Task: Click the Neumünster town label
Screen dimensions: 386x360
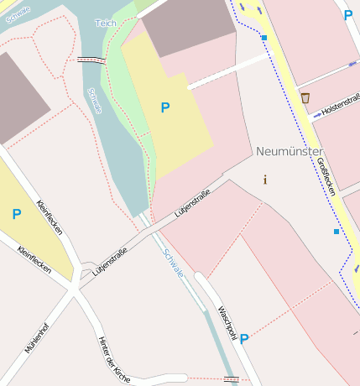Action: [289, 151]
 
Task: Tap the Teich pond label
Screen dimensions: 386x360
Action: [106, 23]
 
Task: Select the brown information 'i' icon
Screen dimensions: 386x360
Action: [265, 180]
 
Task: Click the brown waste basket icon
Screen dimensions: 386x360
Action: [305, 98]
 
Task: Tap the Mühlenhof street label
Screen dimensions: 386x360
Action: [36, 338]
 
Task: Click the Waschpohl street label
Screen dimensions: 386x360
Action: [227, 322]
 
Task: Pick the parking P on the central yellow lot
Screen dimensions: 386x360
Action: [165, 107]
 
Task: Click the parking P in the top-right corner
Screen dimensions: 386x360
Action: [348, 15]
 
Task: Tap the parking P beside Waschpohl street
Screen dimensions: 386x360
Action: [244, 339]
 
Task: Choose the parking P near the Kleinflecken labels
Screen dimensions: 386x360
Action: [16, 215]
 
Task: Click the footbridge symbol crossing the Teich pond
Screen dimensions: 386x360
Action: [90, 60]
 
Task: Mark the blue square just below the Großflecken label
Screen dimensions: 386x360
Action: [337, 232]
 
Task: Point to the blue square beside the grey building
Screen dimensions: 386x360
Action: [263, 38]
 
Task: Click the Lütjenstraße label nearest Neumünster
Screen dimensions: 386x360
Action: [192, 204]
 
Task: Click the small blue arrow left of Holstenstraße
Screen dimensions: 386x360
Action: [352, 64]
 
